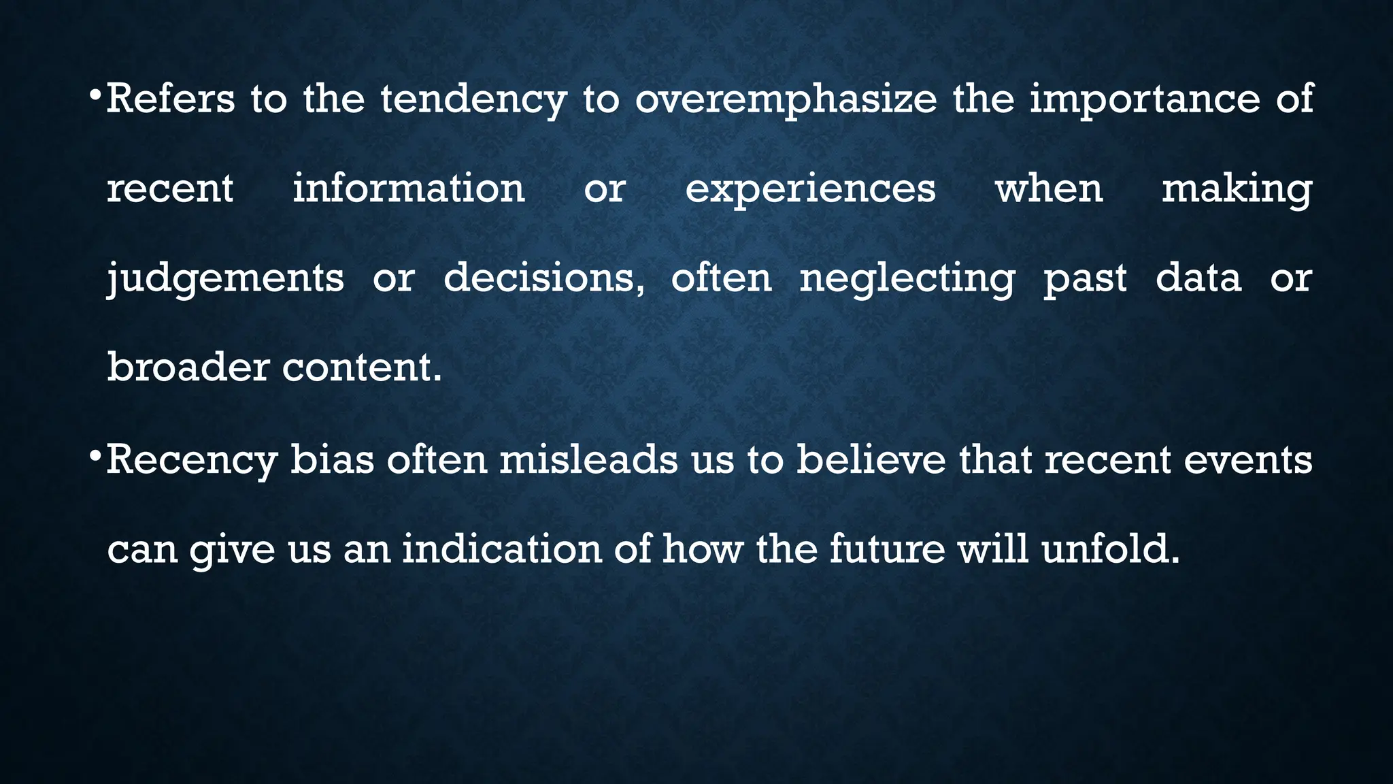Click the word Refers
170,99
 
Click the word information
409,189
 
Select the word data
1198,278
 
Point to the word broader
188,367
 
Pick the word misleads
588,459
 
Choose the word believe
871,459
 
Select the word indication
502,549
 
